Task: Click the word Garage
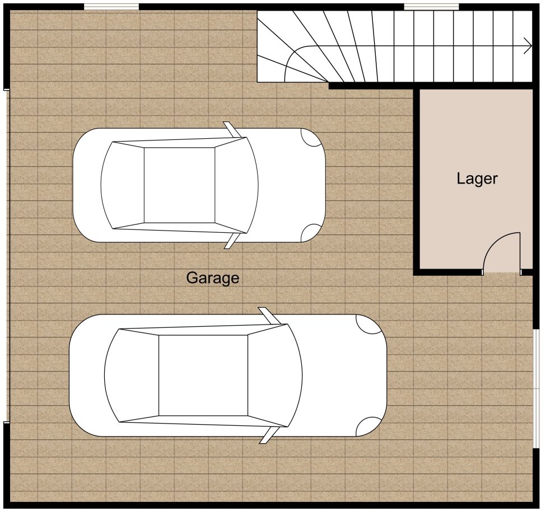pyautogui.click(x=212, y=278)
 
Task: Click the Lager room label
pyautogui.click(x=477, y=179)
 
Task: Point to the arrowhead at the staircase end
pyautogui.click(x=528, y=46)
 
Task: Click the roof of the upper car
pyautogui.click(x=180, y=185)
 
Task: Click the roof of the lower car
pyautogui.click(x=203, y=375)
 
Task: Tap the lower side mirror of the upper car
pyautogui.click(x=232, y=241)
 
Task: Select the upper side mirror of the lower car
pyautogui.click(x=269, y=316)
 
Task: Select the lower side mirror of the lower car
pyautogui.click(x=269, y=435)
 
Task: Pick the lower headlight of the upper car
pyautogui.click(x=311, y=233)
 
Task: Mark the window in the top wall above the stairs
pyautogui.click(x=431, y=6)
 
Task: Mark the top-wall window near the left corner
pyautogui.click(x=111, y=6)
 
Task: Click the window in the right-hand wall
pyautogui.click(x=536, y=388)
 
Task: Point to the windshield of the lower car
pyautogui.click(x=275, y=375)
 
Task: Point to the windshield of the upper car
pyautogui.click(x=236, y=185)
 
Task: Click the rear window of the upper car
pyautogui.click(x=123, y=185)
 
